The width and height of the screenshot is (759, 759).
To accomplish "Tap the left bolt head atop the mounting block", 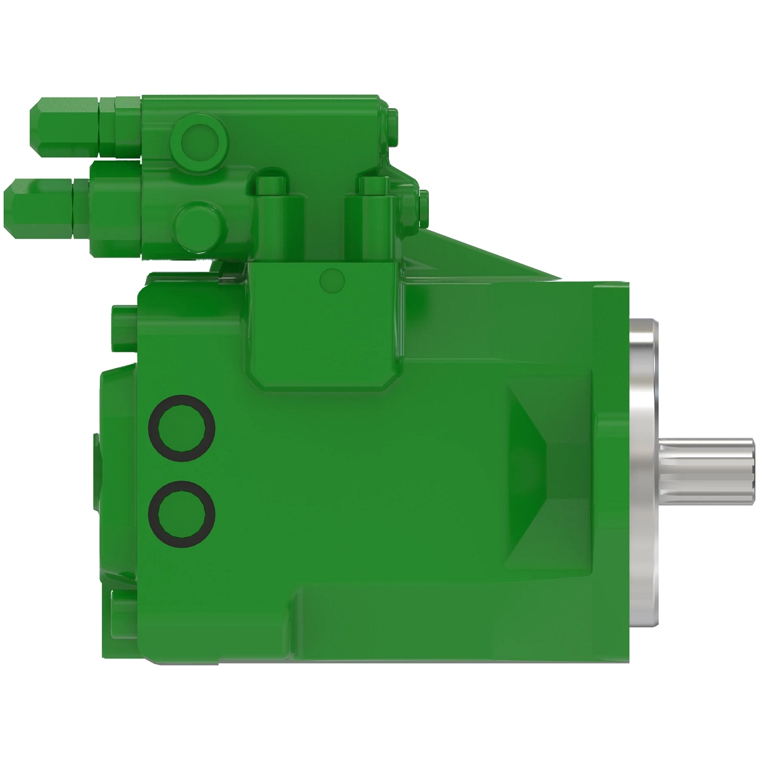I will tap(271, 185).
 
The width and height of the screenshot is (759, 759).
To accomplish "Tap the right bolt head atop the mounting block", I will tap(373, 185).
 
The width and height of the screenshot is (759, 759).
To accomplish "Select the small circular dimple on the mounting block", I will tap(333, 279).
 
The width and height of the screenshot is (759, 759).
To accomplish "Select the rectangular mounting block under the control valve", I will tap(324, 323).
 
